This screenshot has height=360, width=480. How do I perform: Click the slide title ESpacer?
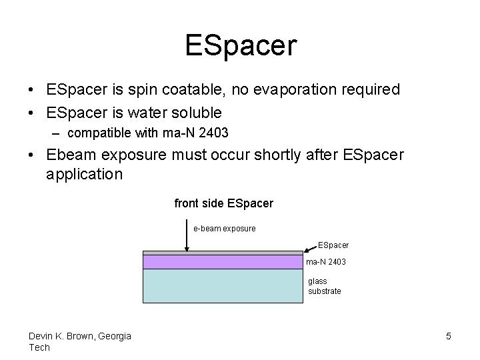tap(240, 46)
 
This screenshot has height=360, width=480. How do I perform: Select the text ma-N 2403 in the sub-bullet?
tap(199, 133)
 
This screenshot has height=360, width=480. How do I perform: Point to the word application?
tap(84, 175)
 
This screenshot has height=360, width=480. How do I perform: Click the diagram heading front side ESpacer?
tap(223, 203)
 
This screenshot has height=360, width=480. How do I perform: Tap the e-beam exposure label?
tap(224, 229)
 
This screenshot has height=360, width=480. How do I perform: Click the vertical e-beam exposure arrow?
tap(187, 237)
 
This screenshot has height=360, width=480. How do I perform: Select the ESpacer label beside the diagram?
tap(333, 245)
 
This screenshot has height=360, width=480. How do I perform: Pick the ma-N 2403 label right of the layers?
tap(326, 262)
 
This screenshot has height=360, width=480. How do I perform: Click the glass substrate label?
tap(324, 286)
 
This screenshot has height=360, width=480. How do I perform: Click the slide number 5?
tap(449, 336)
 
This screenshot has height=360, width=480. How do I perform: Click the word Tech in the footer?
tap(39, 347)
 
